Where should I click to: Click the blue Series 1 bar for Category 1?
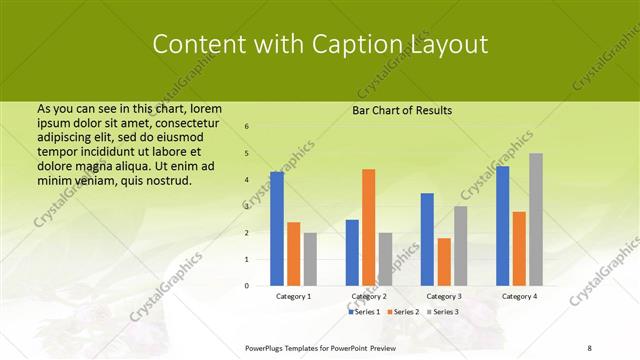[277, 229]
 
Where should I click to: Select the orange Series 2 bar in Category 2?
[368, 227]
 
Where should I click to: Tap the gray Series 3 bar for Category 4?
[535, 219]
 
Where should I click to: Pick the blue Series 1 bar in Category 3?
[427, 239]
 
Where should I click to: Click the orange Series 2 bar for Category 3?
[443, 262]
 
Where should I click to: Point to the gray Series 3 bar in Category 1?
[310, 259]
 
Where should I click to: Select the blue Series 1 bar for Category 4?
[502, 226]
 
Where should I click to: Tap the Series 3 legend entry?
[443, 312]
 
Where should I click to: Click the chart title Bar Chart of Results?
[402, 110]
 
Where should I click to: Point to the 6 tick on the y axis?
[247, 127]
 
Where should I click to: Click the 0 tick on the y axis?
[247, 286]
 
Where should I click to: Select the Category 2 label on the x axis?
[368, 297]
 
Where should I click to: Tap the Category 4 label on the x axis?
[518, 297]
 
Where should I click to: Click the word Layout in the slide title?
[451, 45]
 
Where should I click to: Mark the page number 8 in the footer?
[589, 347]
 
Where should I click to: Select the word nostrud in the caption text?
[164, 180]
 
